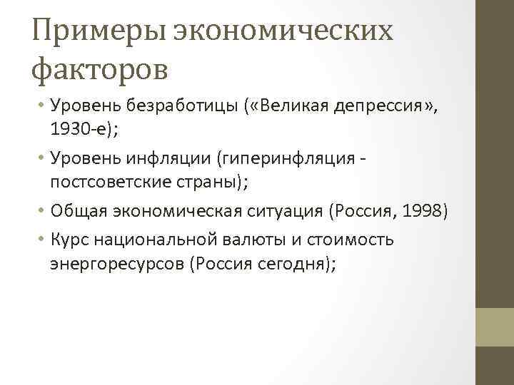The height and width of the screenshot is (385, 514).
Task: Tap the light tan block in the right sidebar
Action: point(495,327)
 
